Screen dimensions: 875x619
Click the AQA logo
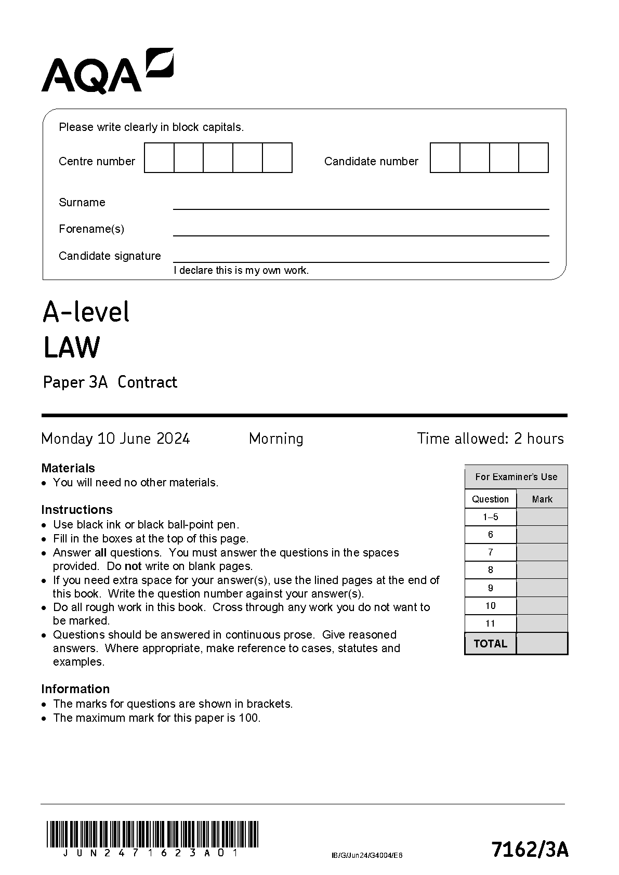pyautogui.click(x=107, y=72)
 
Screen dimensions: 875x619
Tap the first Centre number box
pyautogui.click(x=159, y=158)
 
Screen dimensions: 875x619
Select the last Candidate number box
pyautogui.click(x=534, y=158)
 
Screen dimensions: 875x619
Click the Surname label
pyautogui.click(x=82, y=202)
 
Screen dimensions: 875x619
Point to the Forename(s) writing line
pyautogui.click(x=361, y=235)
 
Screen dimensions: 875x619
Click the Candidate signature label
pyautogui.click(x=110, y=256)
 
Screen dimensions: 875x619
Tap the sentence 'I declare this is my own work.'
pyautogui.click(x=241, y=270)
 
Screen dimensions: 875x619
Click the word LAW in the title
pyautogui.click(x=71, y=348)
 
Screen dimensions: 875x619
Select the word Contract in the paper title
pyautogui.click(x=147, y=382)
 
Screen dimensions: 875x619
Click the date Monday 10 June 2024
pyautogui.click(x=115, y=439)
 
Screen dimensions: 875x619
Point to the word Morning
pyautogui.click(x=276, y=439)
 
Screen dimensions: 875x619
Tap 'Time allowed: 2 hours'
pyautogui.click(x=490, y=439)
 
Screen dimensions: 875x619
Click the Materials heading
pyautogui.click(x=68, y=468)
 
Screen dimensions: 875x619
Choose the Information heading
pyautogui.click(x=75, y=688)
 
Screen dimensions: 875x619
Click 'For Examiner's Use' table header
pyautogui.click(x=516, y=476)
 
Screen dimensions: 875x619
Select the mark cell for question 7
pyautogui.click(x=542, y=552)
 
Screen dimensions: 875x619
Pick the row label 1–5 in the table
pyautogui.click(x=490, y=517)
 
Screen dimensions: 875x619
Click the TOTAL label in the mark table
pyautogui.click(x=490, y=643)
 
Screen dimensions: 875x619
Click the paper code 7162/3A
pyautogui.click(x=530, y=850)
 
